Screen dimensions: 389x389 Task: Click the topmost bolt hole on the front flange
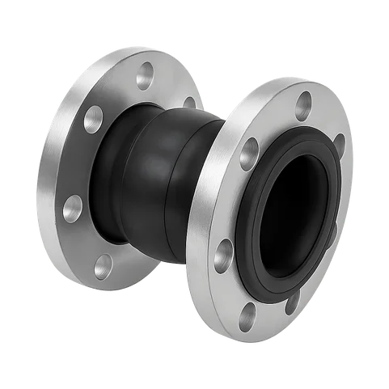coord(304,102)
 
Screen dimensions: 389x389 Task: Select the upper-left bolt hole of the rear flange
coord(94,115)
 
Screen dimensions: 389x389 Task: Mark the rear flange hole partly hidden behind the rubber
coord(190,103)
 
